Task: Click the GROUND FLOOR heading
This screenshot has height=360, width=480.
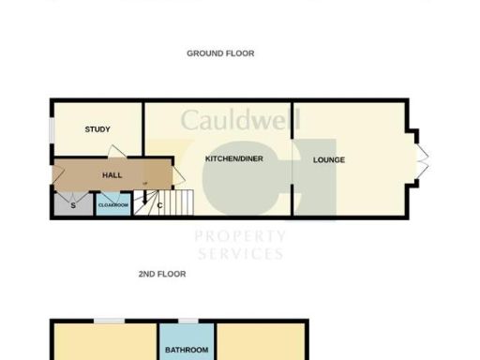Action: (x=220, y=53)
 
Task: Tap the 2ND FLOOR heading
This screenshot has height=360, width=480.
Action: (x=162, y=274)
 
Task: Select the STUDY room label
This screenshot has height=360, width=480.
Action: (x=97, y=130)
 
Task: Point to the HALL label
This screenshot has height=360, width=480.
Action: (x=111, y=175)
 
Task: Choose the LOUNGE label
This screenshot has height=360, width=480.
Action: (x=328, y=159)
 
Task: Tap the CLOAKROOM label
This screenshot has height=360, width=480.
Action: (x=112, y=203)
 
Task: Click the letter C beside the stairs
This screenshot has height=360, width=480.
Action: (x=160, y=205)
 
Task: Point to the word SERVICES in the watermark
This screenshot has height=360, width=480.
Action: (x=239, y=253)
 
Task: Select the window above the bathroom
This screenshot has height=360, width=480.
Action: (x=188, y=321)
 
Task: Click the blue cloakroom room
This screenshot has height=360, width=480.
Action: (x=112, y=204)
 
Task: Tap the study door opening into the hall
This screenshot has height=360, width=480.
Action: (x=113, y=153)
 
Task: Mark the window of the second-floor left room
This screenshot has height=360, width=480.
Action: (x=104, y=321)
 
